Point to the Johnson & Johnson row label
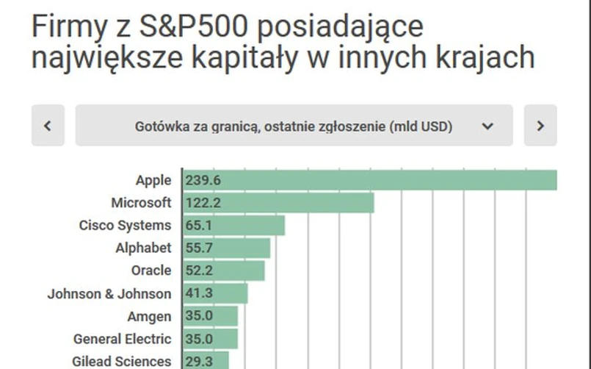tap(109, 294)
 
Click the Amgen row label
tap(149, 317)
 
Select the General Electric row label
tap(123, 340)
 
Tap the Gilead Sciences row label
tap(122, 362)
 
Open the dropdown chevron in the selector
tap(487, 126)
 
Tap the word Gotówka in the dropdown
tap(162, 126)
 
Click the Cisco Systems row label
tap(125, 226)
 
